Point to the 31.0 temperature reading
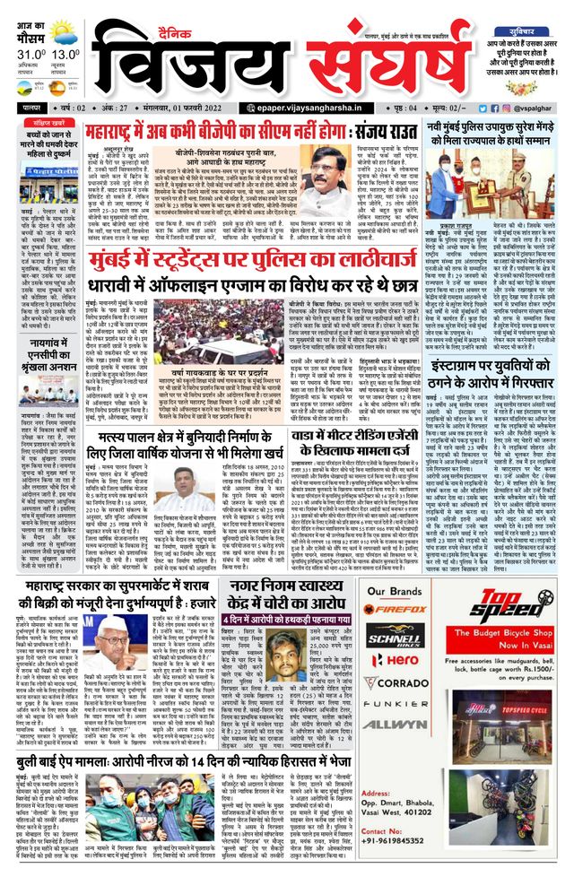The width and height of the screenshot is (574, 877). [x=28, y=54]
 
